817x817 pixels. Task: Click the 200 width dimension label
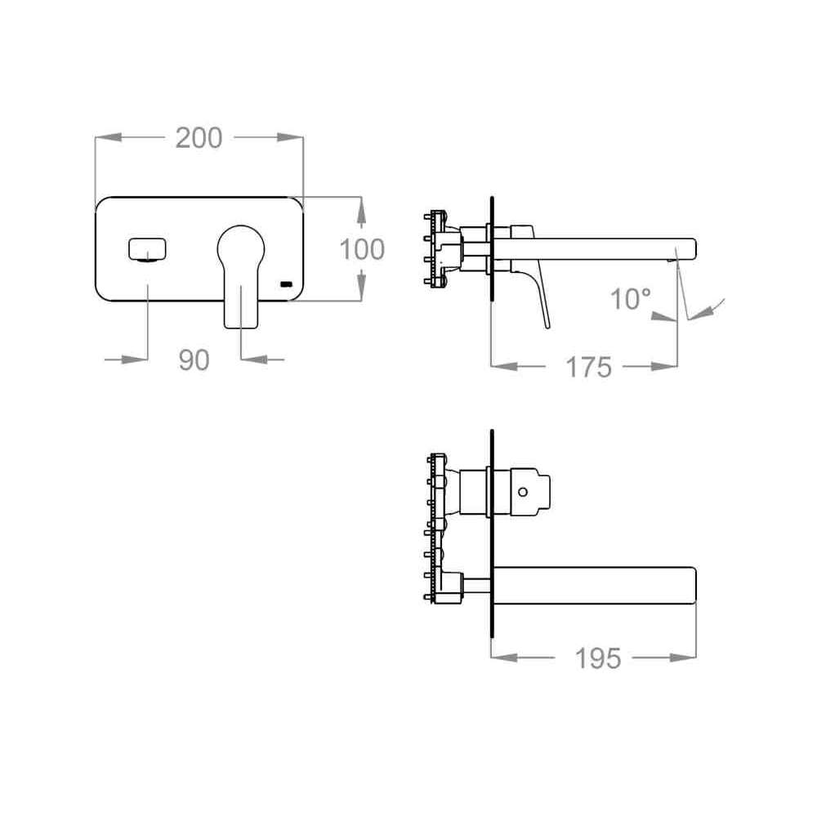point(199,138)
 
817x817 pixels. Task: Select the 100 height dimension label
point(362,249)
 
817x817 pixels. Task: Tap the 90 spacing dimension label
point(194,360)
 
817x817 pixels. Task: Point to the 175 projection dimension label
point(589,368)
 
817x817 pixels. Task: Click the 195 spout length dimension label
point(598,658)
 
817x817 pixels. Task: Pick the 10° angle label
point(631,299)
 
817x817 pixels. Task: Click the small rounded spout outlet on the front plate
point(147,248)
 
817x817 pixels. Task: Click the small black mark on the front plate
point(287,284)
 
